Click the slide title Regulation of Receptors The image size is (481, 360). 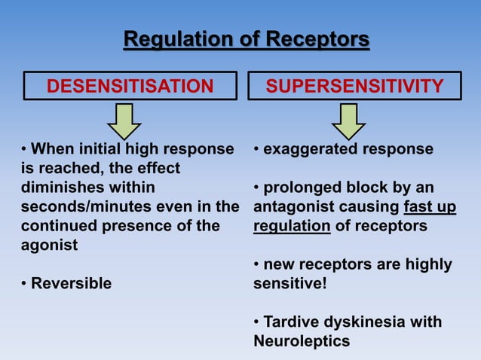tap(247, 38)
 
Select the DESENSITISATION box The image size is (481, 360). tap(130, 87)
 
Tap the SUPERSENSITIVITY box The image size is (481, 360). tap(354, 87)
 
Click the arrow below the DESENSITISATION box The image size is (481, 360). tap(130, 121)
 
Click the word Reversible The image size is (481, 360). tap(71, 283)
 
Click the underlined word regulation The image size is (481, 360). tap(292, 226)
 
